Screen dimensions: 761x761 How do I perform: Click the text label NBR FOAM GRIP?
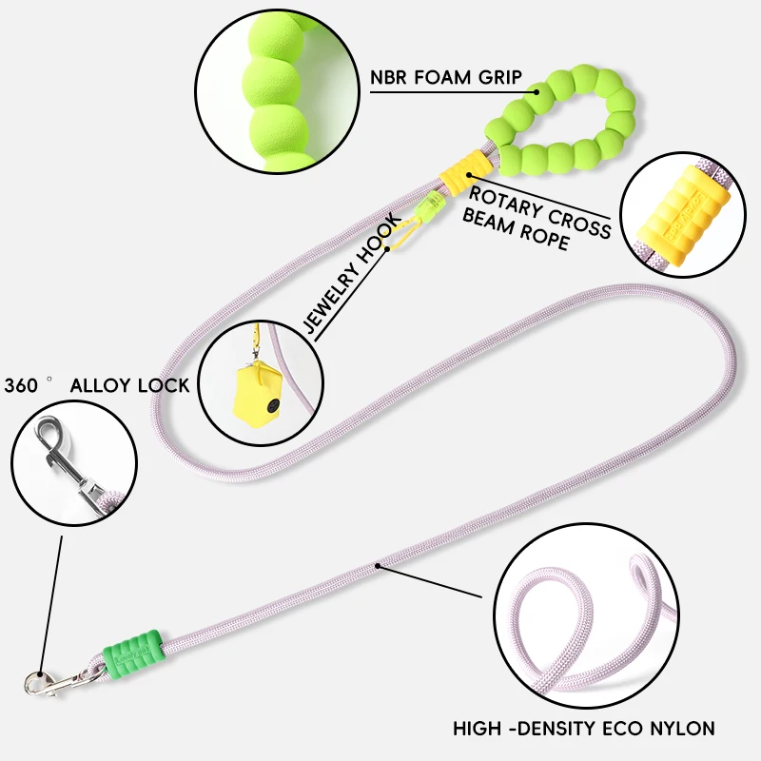click(445, 77)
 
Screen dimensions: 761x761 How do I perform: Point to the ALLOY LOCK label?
click(129, 385)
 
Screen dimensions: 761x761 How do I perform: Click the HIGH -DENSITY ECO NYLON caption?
click(583, 730)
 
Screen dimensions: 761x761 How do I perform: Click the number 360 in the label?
click(21, 385)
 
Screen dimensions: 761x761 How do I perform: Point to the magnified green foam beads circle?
click(270, 86)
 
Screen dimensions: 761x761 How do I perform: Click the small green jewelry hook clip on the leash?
click(434, 203)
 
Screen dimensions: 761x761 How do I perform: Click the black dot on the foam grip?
click(537, 92)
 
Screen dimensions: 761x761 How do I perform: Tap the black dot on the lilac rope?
click(378, 567)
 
